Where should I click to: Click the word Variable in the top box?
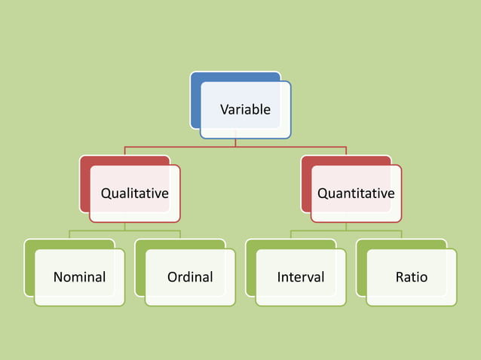245,110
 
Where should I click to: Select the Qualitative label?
134,194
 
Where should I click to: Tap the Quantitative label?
356,194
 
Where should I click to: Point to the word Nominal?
79,277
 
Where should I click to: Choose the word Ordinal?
190,277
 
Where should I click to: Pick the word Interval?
301,277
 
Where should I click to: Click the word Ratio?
412,277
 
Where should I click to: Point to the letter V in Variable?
224,110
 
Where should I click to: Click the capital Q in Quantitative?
322,194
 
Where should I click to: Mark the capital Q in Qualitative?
106,194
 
